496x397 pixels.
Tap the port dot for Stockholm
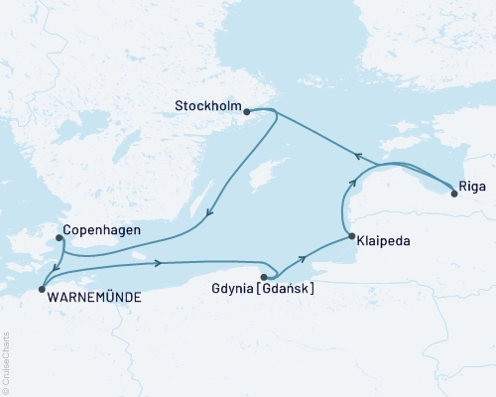click(246, 112)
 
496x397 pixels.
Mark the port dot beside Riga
click(454, 194)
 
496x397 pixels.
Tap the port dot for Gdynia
click(265, 277)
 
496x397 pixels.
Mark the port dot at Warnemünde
click(41, 289)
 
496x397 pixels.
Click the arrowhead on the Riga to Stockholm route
click(359, 154)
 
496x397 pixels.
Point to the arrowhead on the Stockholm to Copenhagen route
click(207, 211)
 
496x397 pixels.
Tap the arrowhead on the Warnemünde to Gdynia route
click(158, 263)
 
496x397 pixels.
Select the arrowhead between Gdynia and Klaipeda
click(303, 257)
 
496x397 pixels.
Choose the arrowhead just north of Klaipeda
click(350, 183)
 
